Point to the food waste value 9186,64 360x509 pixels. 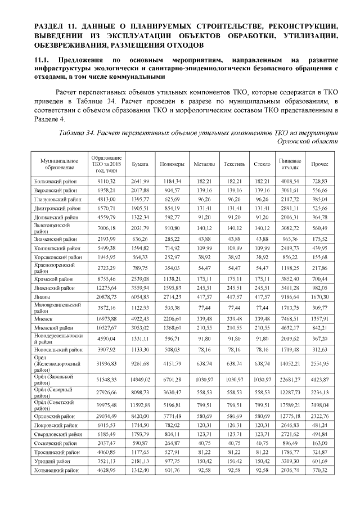pos(290,296)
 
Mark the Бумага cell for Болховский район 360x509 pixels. pos(140,182)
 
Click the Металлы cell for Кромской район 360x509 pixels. pos(203,278)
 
